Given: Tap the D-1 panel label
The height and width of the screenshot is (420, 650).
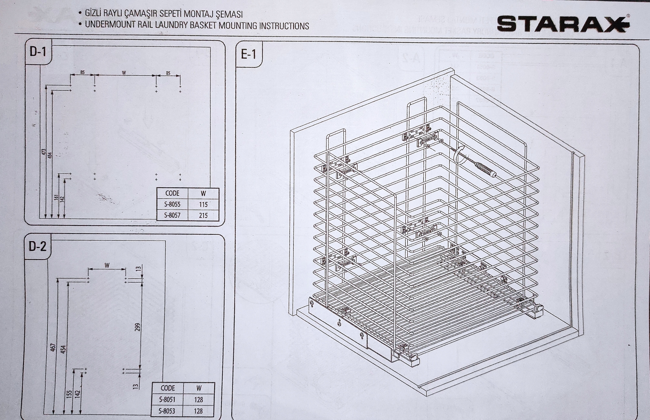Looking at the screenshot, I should [x=38, y=51].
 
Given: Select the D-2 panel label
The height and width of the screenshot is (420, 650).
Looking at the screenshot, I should [x=37, y=247].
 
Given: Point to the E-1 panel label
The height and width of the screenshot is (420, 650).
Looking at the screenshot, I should [x=248, y=54].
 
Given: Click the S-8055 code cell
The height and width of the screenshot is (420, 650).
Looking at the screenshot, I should [x=172, y=204].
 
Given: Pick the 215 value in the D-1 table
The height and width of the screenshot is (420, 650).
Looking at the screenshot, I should [x=203, y=216].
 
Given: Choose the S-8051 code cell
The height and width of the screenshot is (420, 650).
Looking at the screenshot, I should [x=167, y=399].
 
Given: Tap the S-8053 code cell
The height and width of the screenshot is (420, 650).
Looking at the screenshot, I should [x=167, y=411].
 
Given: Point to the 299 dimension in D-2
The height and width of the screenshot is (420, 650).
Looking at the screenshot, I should [x=138, y=327].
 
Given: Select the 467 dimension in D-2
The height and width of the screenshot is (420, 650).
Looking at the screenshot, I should [x=54, y=347].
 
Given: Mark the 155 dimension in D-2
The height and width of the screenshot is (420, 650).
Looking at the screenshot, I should [x=69, y=394].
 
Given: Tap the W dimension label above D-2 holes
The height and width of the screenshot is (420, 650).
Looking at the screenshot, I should [x=107, y=265].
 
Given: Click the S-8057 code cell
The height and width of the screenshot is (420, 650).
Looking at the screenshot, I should [x=172, y=215].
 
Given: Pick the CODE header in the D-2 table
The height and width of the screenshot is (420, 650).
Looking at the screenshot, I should [x=168, y=388].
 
